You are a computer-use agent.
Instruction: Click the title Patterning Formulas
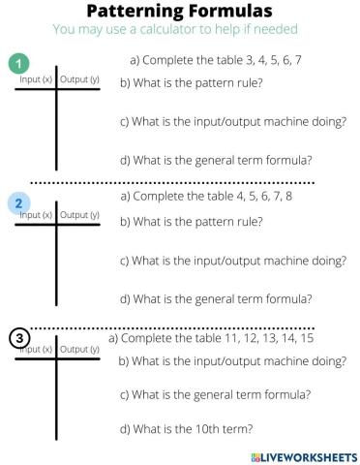coord(180,12)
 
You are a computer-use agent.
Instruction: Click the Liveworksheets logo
coord(297,454)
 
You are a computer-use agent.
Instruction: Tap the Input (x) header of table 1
coord(36,78)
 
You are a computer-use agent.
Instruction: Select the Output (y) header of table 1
coord(79,78)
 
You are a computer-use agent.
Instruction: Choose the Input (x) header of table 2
coord(36,214)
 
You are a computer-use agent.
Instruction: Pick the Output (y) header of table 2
coord(79,214)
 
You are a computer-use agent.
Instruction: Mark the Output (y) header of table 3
coord(79,349)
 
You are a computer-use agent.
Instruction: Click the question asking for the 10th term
coord(186,427)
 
